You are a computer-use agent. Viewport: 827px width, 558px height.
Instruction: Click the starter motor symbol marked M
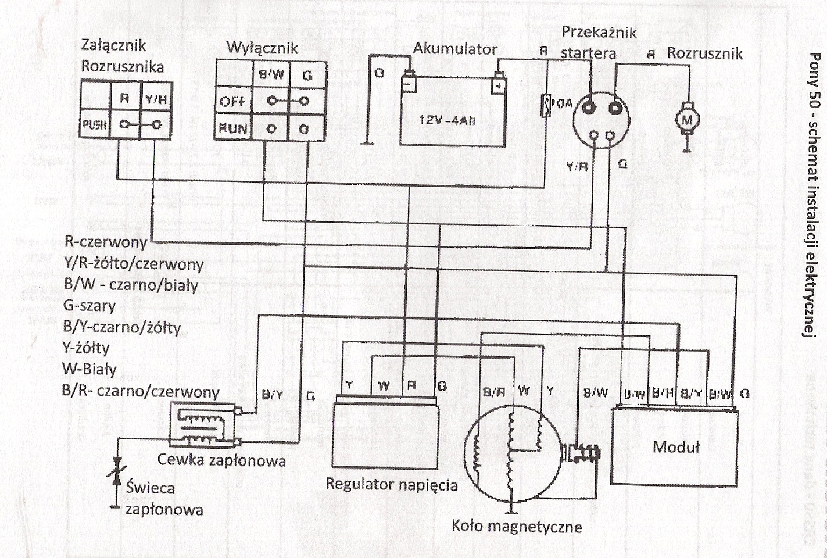pyautogui.click(x=686, y=119)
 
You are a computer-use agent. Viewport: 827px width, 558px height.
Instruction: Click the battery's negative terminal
pyautogui.click(x=409, y=83)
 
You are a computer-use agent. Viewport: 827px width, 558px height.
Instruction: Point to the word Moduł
pyautogui.click(x=676, y=447)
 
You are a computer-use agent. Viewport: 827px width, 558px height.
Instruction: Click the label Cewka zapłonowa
pyautogui.click(x=221, y=460)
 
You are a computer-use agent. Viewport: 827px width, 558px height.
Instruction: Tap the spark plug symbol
pyautogui.click(x=116, y=471)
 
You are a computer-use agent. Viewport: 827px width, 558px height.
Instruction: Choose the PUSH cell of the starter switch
pyautogui.click(x=95, y=124)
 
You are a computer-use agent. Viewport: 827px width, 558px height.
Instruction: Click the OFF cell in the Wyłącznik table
pyautogui.click(x=233, y=101)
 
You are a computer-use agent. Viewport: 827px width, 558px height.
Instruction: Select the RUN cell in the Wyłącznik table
pyautogui.click(x=233, y=128)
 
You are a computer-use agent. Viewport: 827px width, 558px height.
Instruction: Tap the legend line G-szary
pyautogui.click(x=89, y=306)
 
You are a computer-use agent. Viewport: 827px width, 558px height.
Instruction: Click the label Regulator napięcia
pyautogui.click(x=391, y=484)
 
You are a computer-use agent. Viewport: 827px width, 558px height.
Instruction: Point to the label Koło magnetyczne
pyautogui.click(x=517, y=527)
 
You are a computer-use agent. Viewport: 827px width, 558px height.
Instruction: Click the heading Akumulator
pyautogui.click(x=455, y=49)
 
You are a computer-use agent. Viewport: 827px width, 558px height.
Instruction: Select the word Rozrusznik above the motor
pyautogui.click(x=704, y=53)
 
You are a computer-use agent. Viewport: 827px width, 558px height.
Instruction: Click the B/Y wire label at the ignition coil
pyautogui.click(x=273, y=395)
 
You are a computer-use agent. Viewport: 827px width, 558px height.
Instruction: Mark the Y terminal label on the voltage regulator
pyautogui.click(x=349, y=385)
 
